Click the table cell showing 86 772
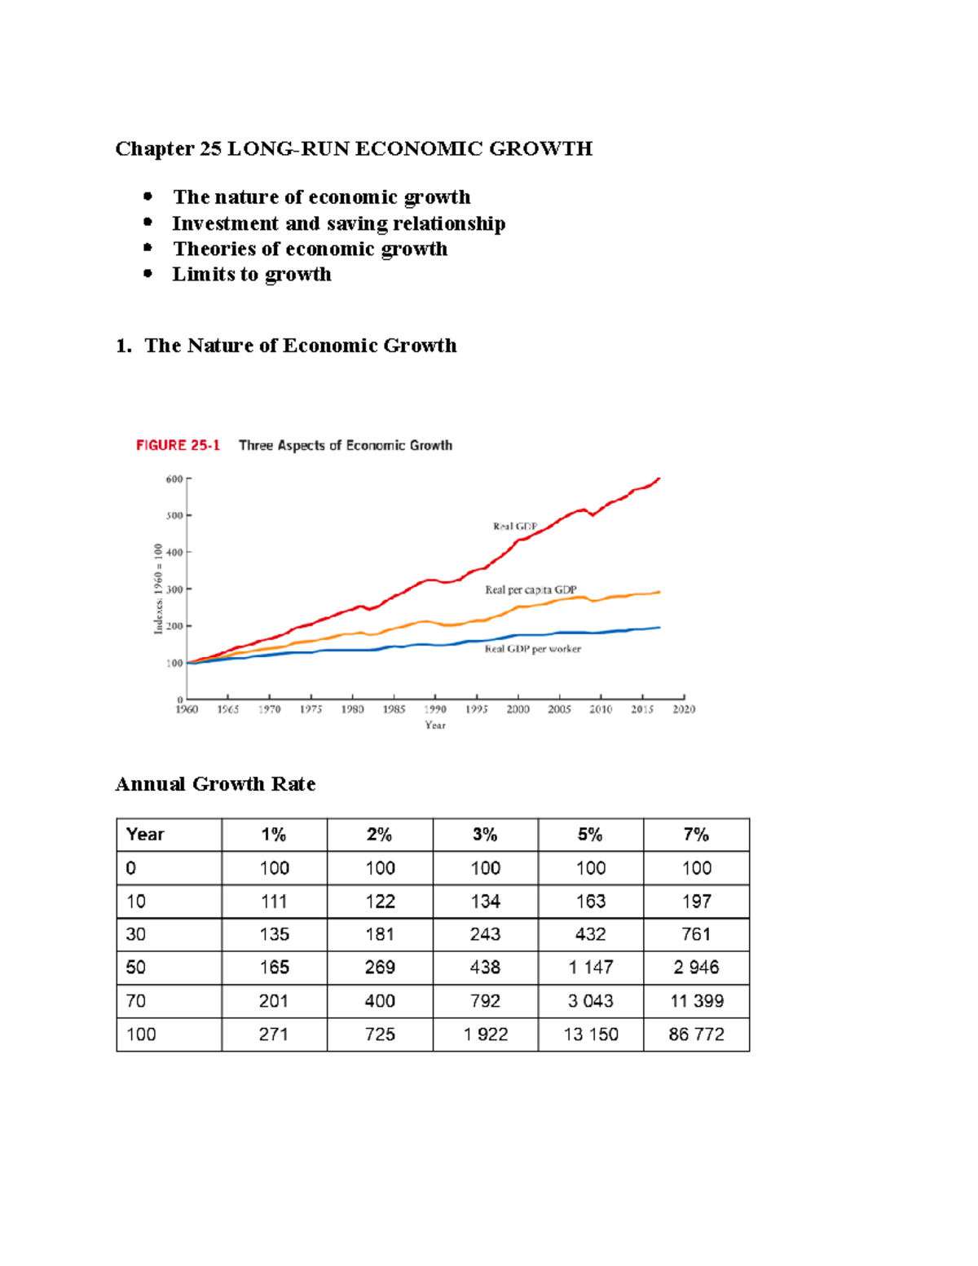(x=696, y=1034)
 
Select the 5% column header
(x=590, y=835)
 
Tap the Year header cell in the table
(x=145, y=835)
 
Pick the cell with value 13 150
(x=591, y=1034)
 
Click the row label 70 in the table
(x=136, y=1001)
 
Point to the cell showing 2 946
(x=696, y=968)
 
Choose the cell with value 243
(x=485, y=934)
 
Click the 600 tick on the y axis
(x=174, y=479)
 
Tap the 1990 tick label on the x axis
(x=434, y=709)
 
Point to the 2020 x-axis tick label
(x=683, y=709)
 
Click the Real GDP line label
(x=515, y=527)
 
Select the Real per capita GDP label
(x=531, y=589)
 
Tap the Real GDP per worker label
(x=533, y=649)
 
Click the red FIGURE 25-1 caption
(x=178, y=445)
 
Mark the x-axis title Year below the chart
(x=435, y=726)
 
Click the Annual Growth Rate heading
(x=215, y=784)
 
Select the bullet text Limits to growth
(x=252, y=274)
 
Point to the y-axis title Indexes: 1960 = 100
(x=159, y=589)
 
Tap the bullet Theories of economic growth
(x=310, y=249)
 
